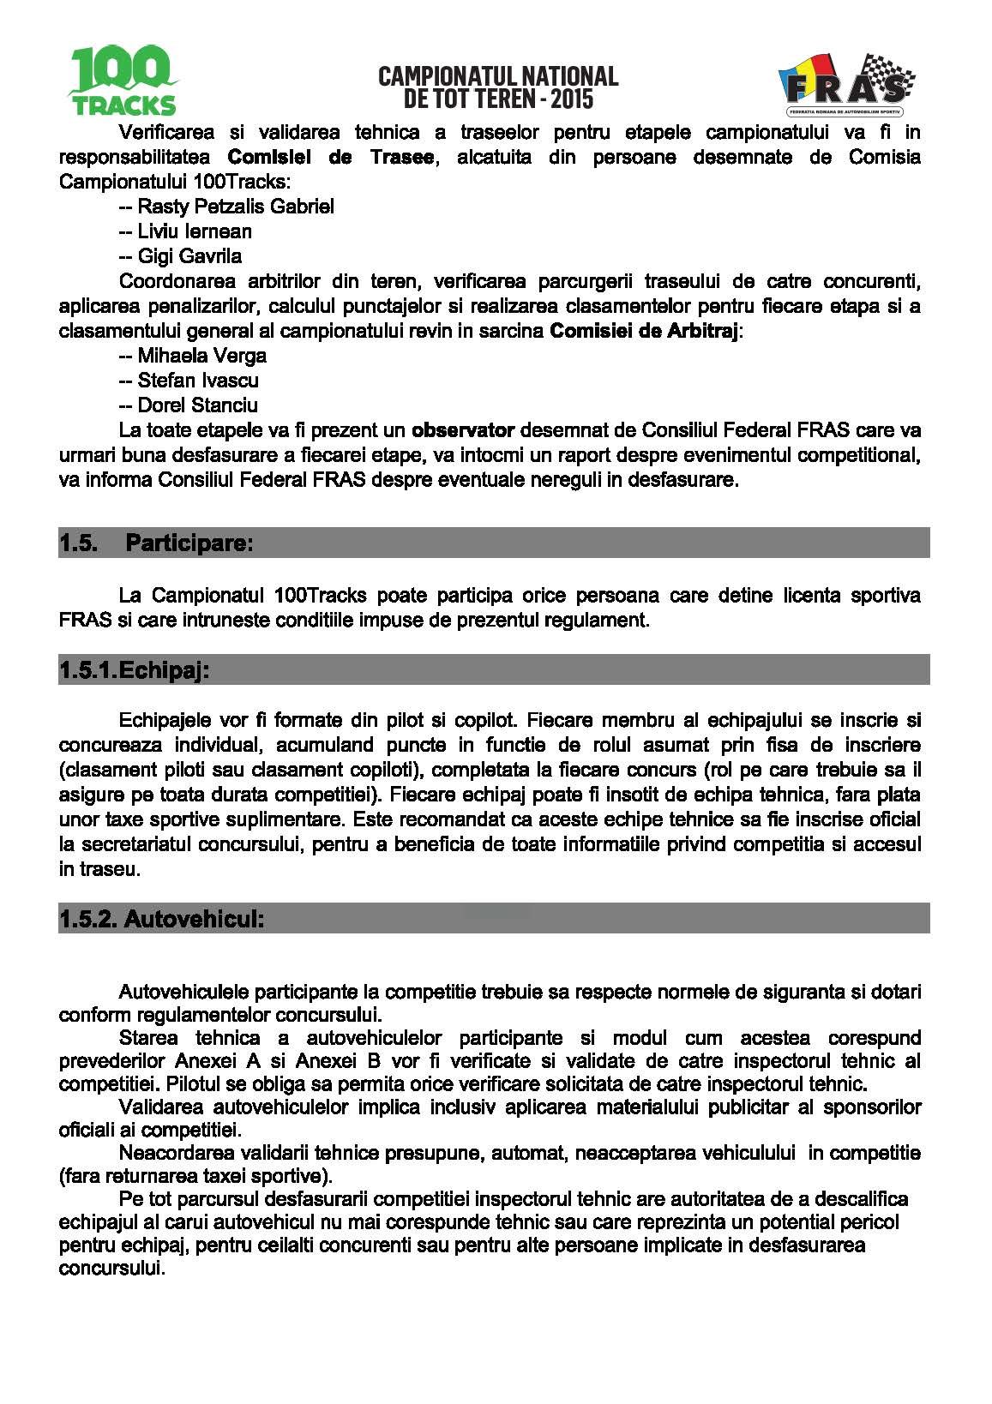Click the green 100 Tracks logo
point(123,81)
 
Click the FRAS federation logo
point(845,85)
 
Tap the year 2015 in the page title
point(572,99)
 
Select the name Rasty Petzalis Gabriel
point(236,207)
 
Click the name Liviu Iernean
point(195,231)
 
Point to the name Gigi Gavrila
point(189,256)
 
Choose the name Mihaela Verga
point(201,356)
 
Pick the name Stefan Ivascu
point(198,381)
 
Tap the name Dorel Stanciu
point(197,405)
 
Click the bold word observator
point(463,430)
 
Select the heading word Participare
point(189,543)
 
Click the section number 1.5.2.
point(87,919)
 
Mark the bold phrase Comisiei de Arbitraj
point(643,331)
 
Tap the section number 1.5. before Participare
point(78,543)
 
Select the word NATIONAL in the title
point(569,76)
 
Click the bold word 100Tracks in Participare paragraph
point(320,596)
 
